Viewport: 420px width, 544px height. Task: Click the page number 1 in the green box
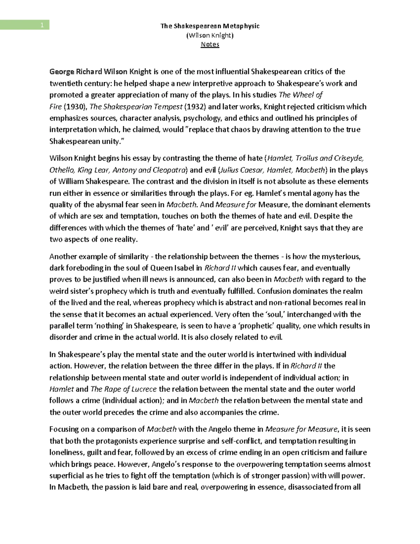tap(42, 25)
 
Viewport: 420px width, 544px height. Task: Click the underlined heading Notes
tap(210, 44)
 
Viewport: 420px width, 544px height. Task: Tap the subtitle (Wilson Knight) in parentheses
tap(210, 35)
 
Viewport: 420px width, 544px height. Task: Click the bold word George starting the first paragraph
tap(62, 72)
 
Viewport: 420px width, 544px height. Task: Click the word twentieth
tap(65, 83)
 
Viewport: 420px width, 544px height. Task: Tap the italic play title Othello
tap(62, 170)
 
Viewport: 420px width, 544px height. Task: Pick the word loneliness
tap(66, 453)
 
